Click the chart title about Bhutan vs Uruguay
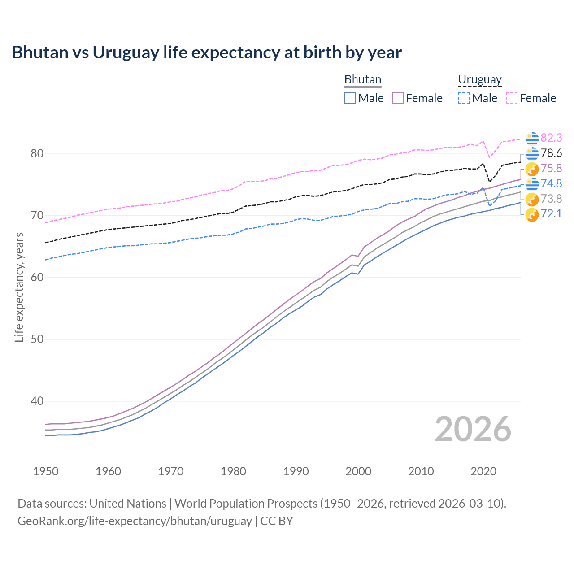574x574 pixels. (x=207, y=52)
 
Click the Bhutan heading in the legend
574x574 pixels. (x=362, y=79)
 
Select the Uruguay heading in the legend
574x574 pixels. (x=479, y=79)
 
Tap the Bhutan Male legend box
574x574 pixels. (x=350, y=98)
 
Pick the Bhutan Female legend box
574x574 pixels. (x=398, y=98)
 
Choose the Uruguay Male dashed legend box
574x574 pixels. (x=464, y=98)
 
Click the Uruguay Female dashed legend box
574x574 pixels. (x=512, y=98)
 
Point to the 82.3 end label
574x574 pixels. (x=551, y=138)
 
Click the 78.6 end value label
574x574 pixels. (x=551, y=153)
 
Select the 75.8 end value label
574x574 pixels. (x=551, y=168)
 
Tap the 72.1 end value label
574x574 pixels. (x=551, y=213)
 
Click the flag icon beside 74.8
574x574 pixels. (x=532, y=183)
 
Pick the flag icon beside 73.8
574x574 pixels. (x=532, y=199)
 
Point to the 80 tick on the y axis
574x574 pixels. (x=37, y=154)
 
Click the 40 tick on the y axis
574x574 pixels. (x=37, y=401)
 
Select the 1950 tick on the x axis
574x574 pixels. (x=46, y=471)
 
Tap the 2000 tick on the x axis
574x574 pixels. (x=358, y=471)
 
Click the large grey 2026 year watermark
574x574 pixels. (x=473, y=429)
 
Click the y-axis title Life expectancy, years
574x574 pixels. (x=19, y=287)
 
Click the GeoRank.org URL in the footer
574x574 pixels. (x=135, y=521)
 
